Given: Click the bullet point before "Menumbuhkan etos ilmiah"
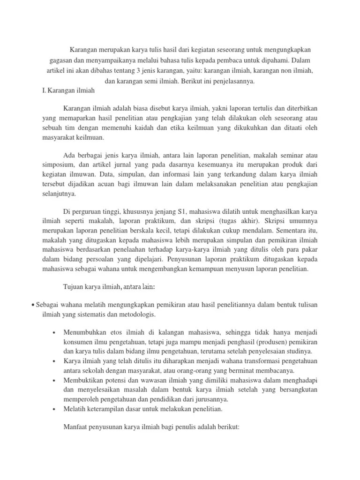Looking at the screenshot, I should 54,332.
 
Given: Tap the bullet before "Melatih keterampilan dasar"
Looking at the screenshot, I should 54,409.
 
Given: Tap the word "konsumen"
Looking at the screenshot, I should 78,342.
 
